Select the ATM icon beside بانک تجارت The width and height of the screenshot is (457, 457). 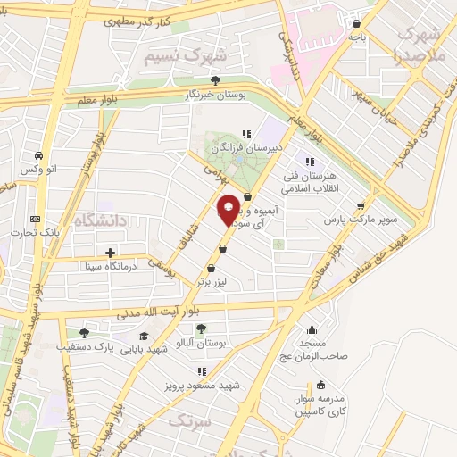click(36, 219)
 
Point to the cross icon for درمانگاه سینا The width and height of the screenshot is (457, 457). click(109, 253)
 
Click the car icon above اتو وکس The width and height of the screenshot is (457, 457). click(39, 154)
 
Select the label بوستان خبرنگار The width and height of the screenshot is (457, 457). click(212, 93)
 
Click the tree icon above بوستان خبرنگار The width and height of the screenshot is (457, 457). click(216, 79)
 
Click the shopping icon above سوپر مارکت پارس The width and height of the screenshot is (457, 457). click(361, 204)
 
